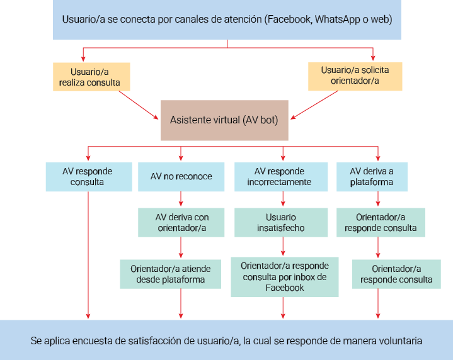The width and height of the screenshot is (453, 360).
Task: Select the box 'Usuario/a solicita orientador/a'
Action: click(355, 76)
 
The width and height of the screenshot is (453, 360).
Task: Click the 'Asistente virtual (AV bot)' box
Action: click(224, 120)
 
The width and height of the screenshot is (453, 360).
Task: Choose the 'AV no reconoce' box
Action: click(181, 177)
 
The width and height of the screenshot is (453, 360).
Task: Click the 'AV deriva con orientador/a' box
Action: click(181, 223)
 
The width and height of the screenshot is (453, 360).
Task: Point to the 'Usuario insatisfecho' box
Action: click(281, 223)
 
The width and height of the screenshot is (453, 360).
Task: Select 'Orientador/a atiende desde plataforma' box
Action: click(170, 274)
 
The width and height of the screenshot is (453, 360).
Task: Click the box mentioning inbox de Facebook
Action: click(284, 277)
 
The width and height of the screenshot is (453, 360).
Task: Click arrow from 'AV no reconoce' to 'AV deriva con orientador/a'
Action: click(181, 200)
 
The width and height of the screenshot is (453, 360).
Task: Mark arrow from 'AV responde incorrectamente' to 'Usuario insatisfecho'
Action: click(282, 200)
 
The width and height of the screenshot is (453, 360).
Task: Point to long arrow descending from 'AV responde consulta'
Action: click(88, 252)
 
